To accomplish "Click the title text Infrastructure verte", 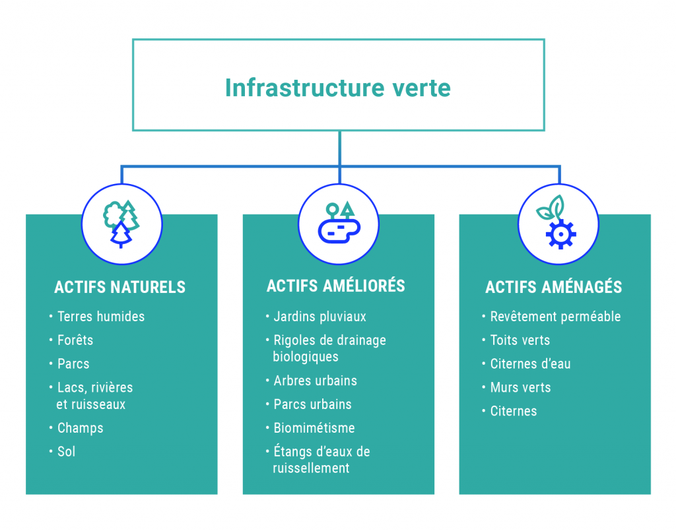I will tap(337, 88).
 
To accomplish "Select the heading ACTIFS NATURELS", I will tap(120, 287).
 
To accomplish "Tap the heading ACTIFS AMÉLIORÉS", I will tap(335, 286).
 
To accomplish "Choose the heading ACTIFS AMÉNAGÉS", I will tap(553, 287).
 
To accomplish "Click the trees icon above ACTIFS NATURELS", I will tap(121, 223).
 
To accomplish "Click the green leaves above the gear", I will tap(551, 208).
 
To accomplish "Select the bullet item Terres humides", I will tap(100, 317).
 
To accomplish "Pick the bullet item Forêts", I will tap(75, 340).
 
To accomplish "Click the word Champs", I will tap(81, 428).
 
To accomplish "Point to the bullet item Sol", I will tap(66, 452).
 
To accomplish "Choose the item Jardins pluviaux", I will tap(320, 317).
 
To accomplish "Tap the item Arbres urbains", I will tap(315, 381).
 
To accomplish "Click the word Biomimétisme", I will tap(314, 428).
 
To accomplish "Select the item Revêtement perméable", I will tap(555, 317).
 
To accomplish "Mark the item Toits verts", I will tap(520, 340).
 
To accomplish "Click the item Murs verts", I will tap(520, 387).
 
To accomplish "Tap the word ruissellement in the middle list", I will tap(311, 468).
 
